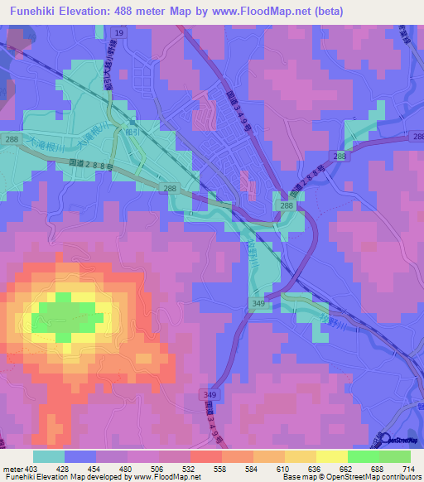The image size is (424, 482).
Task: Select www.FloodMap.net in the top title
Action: [264, 11]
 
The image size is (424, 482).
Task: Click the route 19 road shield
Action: [120, 32]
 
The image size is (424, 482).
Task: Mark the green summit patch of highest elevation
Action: [62, 319]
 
